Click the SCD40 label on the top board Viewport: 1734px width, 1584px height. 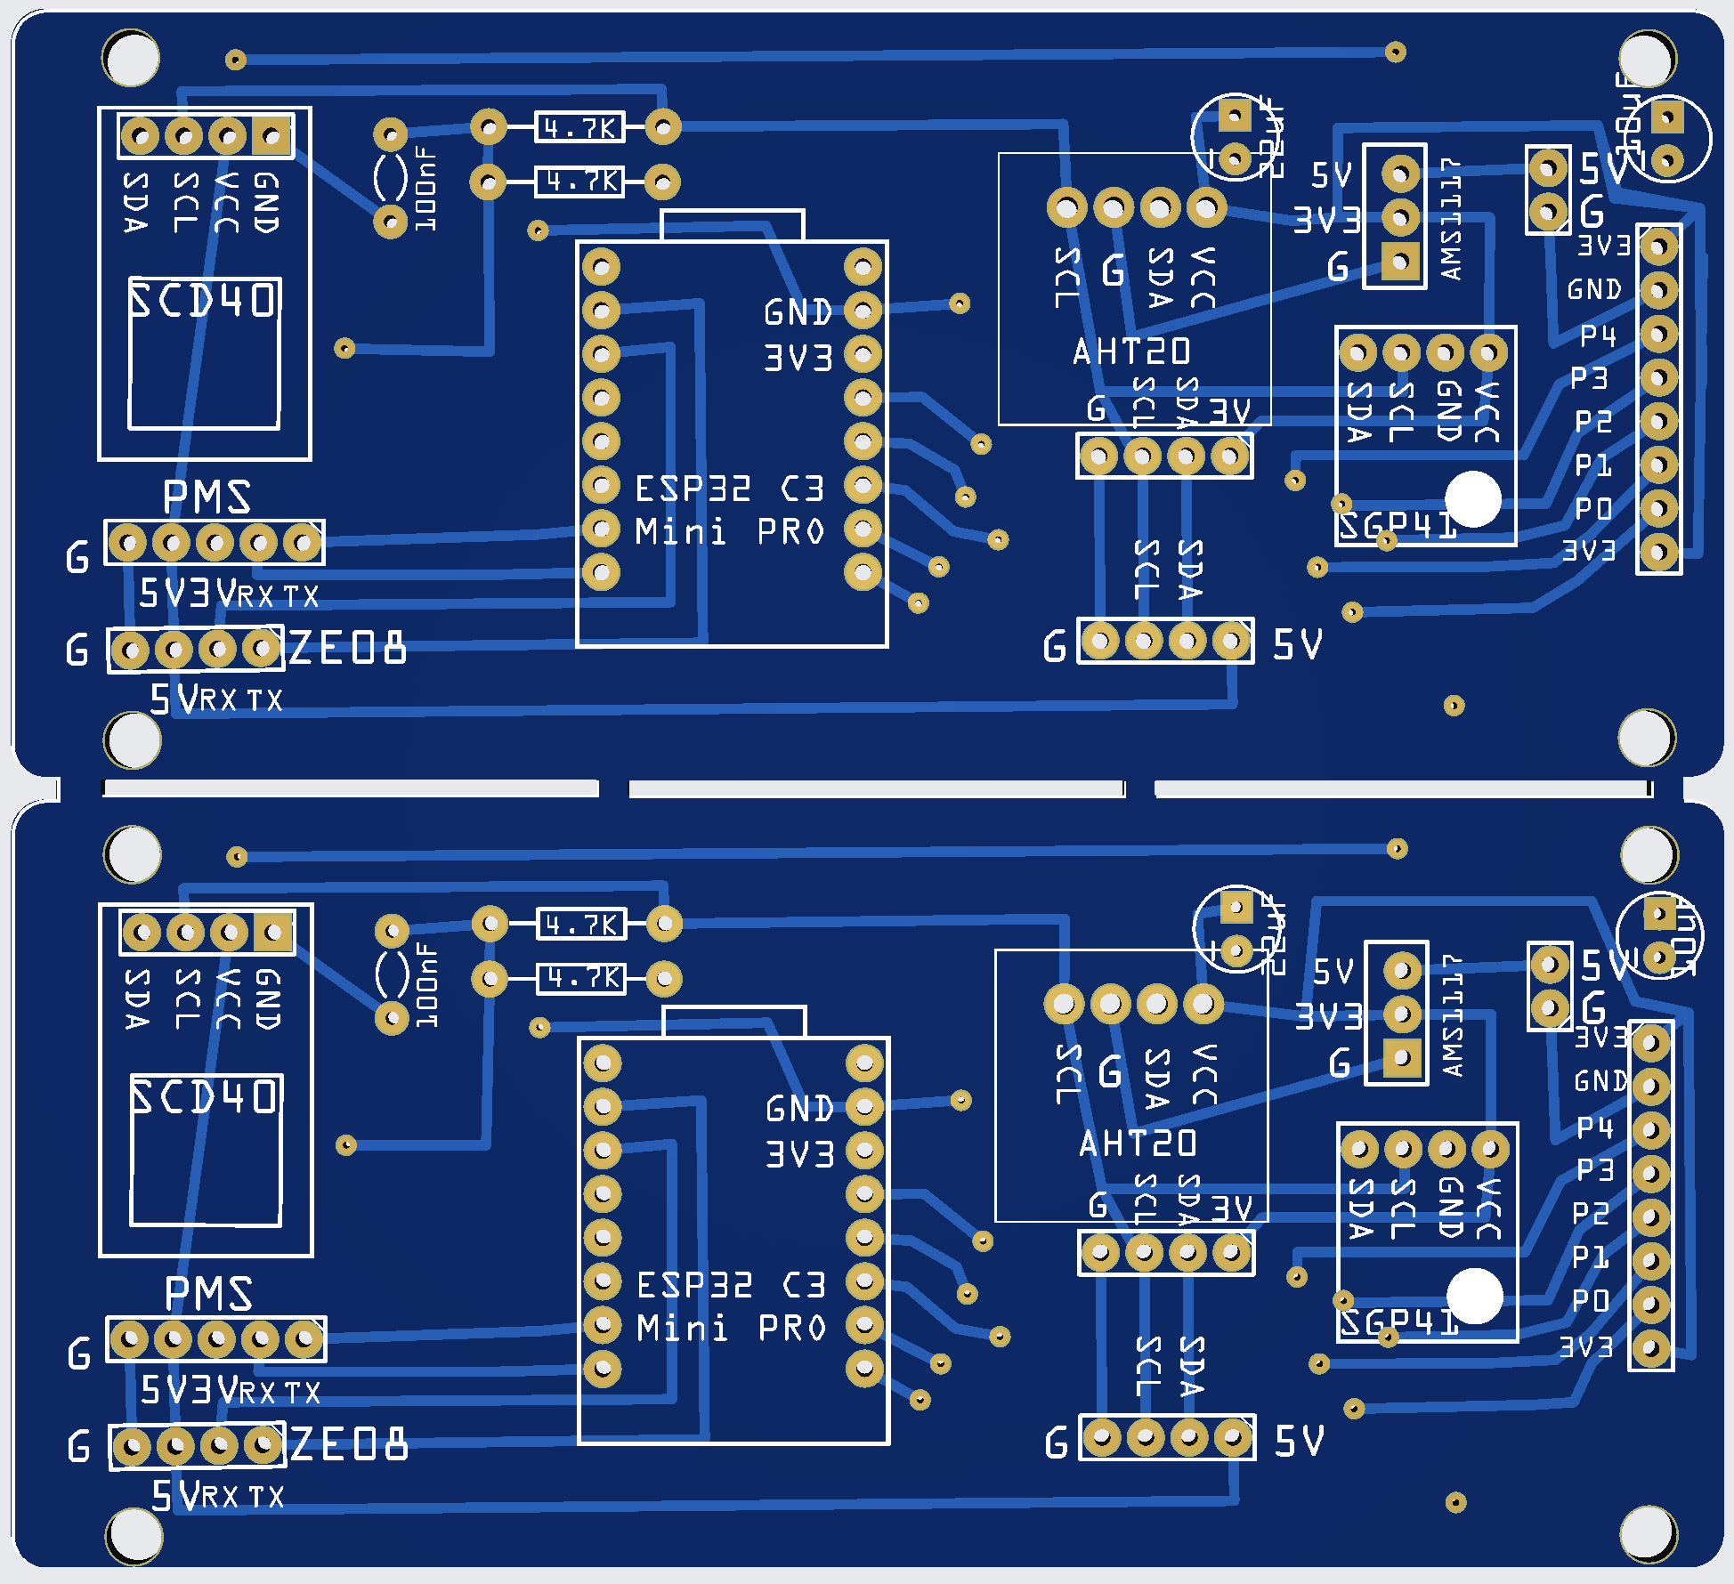coord(204,300)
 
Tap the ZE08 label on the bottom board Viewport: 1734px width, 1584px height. coord(349,1444)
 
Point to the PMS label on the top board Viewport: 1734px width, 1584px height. coord(207,497)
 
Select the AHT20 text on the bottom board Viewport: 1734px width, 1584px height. coord(1138,1144)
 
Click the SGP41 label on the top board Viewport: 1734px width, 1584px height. coord(1398,526)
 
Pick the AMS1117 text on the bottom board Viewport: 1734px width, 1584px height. coord(1452,1014)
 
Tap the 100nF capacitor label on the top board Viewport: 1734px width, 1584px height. coord(426,190)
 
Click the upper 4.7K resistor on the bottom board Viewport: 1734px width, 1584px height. coord(581,925)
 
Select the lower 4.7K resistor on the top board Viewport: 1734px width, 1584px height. coord(579,182)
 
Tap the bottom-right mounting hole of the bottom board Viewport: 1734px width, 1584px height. coord(1649,1533)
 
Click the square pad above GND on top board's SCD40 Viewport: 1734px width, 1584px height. coord(271,136)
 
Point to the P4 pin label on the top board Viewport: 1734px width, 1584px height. coord(1598,335)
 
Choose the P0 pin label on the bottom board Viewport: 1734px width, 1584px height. coord(1590,1301)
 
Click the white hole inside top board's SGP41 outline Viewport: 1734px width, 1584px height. coord(1473,499)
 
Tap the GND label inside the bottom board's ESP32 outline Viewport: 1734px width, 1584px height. coord(799,1109)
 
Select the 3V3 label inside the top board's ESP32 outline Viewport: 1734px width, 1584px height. coord(798,358)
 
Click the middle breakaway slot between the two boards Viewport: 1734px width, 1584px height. coord(876,789)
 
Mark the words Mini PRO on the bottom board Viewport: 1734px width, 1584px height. coord(731,1329)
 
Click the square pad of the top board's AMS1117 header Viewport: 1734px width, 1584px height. coord(1400,262)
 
